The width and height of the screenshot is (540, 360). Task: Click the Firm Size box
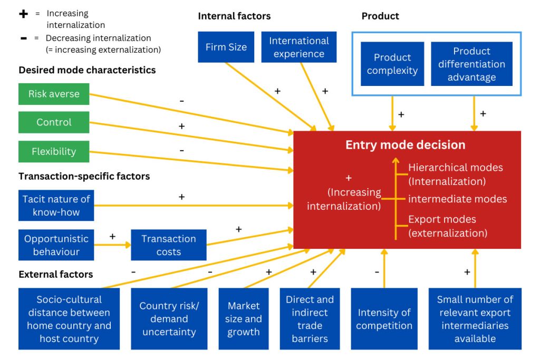click(x=226, y=47)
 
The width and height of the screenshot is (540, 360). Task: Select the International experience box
click(x=298, y=47)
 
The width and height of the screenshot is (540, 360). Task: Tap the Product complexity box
click(x=392, y=64)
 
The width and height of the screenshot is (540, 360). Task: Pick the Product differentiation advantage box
click(x=471, y=64)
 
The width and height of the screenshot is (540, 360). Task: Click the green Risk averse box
click(x=54, y=94)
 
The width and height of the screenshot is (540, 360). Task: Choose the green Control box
click(x=54, y=122)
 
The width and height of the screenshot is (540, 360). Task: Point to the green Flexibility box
click(x=54, y=151)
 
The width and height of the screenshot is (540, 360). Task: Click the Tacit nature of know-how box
click(x=56, y=206)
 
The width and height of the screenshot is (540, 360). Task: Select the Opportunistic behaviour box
click(x=56, y=245)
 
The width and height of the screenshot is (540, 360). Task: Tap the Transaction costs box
click(x=169, y=245)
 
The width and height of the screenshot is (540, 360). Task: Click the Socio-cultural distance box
click(x=69, y=319)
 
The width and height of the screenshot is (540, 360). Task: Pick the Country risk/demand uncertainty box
click(x=169, y=319)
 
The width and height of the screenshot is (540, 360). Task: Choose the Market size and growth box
click(x=244, y=319)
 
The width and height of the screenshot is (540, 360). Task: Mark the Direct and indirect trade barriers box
click(x=310, y=319)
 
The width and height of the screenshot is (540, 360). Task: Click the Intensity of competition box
click(x=384, y=319)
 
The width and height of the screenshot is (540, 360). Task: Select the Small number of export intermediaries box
click(x=475, y=319)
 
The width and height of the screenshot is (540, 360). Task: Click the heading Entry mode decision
click(x=405, y=144)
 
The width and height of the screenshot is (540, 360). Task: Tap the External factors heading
click(x=56, y=274)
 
